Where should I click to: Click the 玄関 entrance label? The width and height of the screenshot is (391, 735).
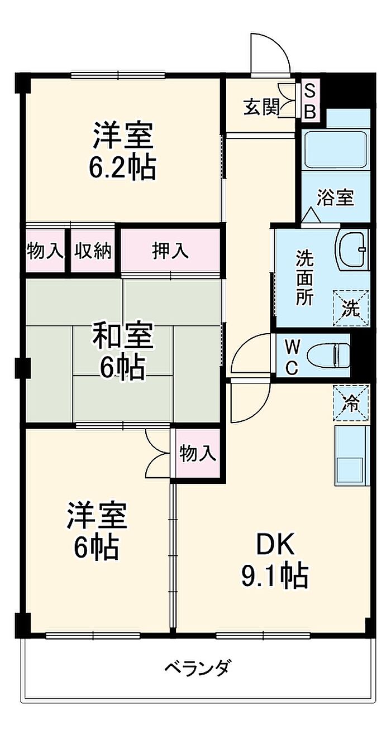pyautogui.click(x=261, y=107)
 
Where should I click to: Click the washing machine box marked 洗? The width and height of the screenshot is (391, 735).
pyautogui.click(x=351, y=308)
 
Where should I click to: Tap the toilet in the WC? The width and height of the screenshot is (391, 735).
pyautogui.click(x=328, y=356)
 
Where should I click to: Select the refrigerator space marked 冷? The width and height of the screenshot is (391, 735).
pyautogui.click(x=351, y=402)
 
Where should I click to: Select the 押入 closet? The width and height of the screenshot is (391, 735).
pyautogui.click(x=170, y=251)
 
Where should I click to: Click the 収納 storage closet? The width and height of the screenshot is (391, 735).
pyautogui.click(x=93, y=251)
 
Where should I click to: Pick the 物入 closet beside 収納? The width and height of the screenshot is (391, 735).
pyautogui.click(x=45, y=251)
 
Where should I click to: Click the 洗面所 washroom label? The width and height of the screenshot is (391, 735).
pyautogui.click(x=305, y=277)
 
